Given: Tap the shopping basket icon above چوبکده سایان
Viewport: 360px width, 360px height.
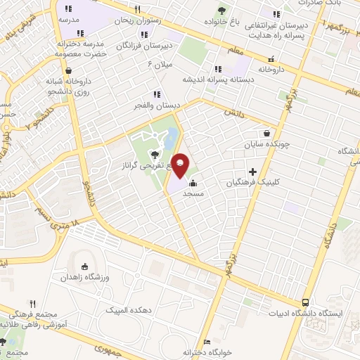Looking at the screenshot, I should coord(266,133).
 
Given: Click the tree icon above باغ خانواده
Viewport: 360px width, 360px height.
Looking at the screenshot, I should coord(222,10).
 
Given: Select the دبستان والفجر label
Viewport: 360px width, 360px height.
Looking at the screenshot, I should coord(157,105).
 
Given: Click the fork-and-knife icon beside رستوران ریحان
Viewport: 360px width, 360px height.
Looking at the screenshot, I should coord(137,10).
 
